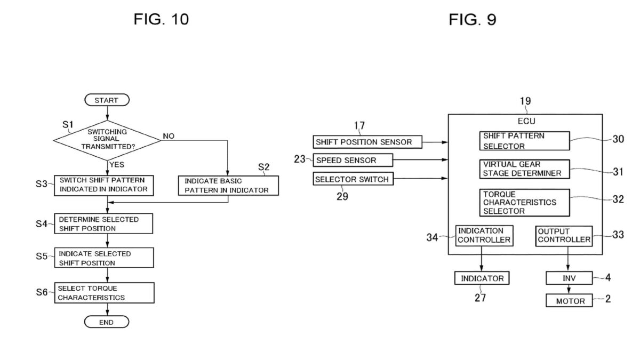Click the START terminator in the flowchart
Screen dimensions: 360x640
point(107,100)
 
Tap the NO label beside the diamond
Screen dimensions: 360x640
point(169,136)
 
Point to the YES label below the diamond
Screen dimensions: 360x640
point(116,164)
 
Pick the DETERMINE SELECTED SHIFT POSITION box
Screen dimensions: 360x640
point(103,224)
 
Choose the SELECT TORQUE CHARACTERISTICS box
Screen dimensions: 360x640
point(103,293)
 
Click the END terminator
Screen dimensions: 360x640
point(107,322)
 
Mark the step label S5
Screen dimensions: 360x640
point(42,256)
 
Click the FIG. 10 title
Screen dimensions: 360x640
point(161,20)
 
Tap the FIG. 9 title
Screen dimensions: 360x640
point(472,20)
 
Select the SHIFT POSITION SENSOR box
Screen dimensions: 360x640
point(367,142)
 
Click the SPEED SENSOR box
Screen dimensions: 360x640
point(353,160)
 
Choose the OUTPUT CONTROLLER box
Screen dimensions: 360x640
point(564,236)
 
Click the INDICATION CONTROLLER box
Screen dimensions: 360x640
point(484,235)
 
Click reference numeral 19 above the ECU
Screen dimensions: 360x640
point(525,101)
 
